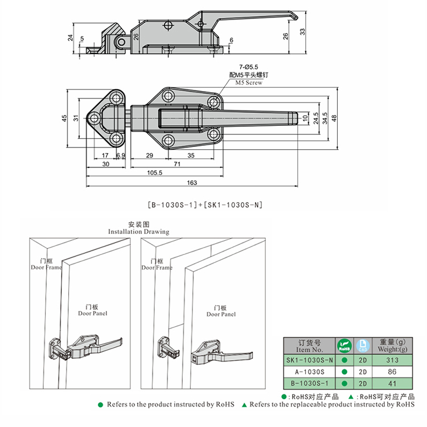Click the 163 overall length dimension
(191, 183)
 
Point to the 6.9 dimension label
(121, 155)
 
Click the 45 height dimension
(65, 118)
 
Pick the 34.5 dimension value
(325, 119)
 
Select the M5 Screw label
(249, 83)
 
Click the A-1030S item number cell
(310, 371)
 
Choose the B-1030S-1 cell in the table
(310, 382)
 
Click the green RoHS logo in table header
(344, 346)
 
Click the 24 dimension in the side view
(71, 38)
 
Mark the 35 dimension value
(190, 155)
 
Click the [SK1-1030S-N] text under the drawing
(233, 203)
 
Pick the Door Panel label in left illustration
(92, 313)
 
